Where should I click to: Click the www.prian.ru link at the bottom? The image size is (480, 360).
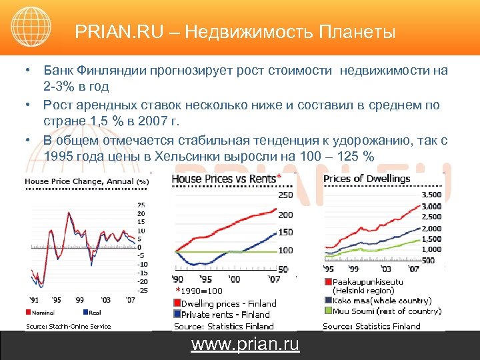245,345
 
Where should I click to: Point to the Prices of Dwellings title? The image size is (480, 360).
367,178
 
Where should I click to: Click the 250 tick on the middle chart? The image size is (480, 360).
285,195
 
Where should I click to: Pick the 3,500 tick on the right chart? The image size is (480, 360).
432,194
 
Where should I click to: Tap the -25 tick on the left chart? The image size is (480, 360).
142,290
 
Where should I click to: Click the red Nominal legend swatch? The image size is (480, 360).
28,311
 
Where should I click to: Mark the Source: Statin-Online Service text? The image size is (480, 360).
68,327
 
